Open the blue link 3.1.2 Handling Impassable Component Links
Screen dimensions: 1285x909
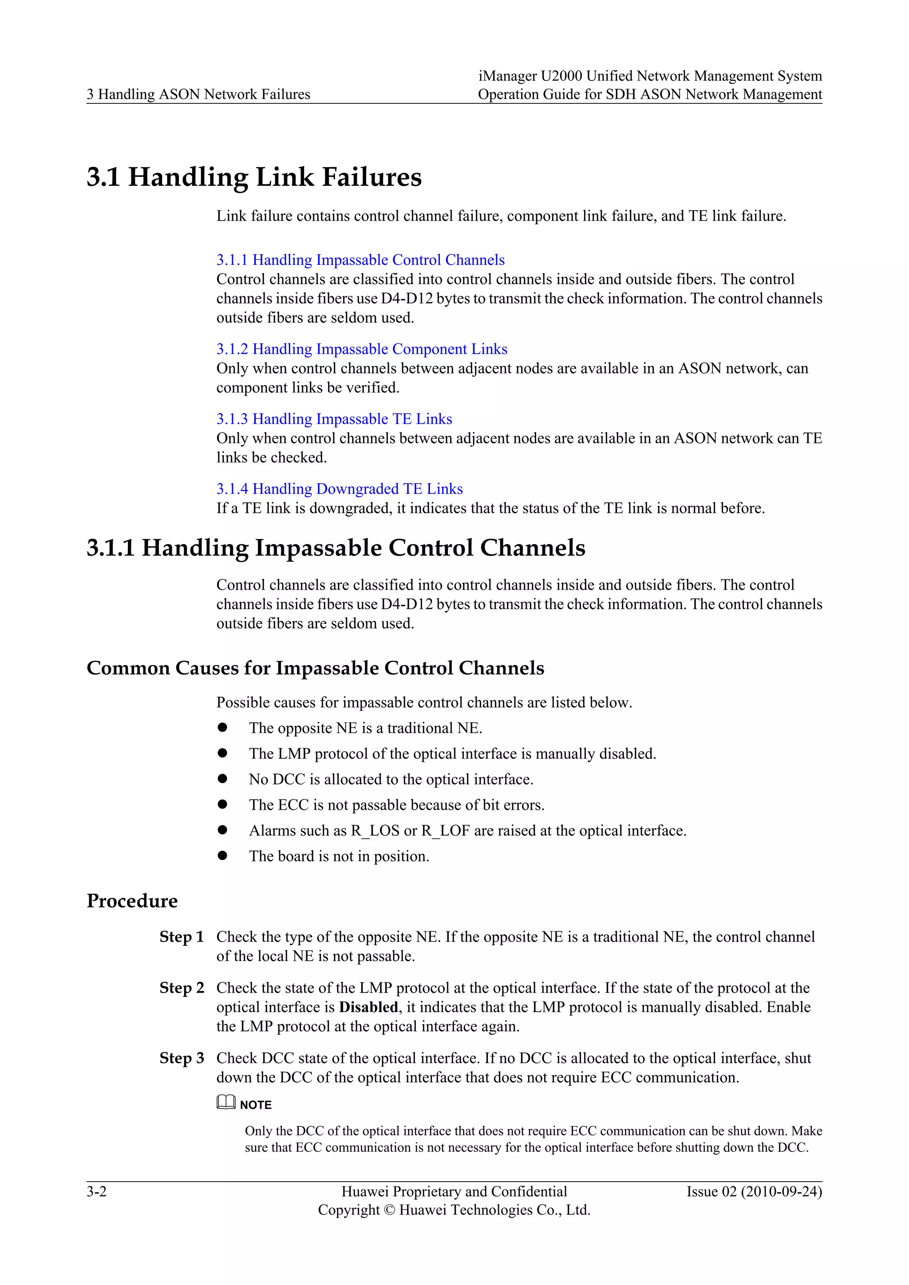362,349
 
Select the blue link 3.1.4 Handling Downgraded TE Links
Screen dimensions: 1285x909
339,489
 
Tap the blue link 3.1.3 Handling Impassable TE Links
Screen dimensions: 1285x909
334,419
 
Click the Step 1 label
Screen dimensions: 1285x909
182,937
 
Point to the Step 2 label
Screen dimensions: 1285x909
182,988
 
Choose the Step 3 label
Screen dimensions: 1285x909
182,1058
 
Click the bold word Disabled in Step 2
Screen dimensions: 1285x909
368,1007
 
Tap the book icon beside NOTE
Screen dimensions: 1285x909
226,1103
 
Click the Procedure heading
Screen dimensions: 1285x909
132,901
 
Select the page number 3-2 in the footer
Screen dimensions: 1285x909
96,1191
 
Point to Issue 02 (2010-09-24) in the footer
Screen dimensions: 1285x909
754,1191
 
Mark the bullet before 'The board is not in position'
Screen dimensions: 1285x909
223,856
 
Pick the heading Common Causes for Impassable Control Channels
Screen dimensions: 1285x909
315,668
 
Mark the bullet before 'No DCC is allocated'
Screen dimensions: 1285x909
223,779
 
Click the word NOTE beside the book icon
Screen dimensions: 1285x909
256,1105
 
